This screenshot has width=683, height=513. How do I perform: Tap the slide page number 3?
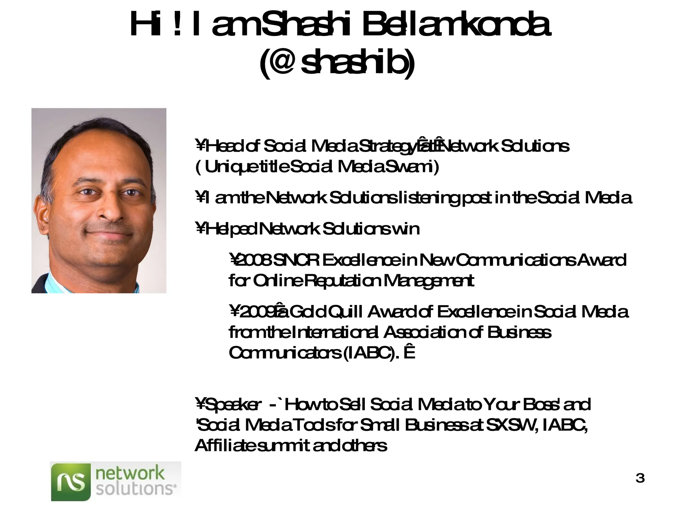[640, 478]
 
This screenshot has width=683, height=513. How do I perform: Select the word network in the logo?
[130, 473]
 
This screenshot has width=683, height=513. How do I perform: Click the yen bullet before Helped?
[200, 229]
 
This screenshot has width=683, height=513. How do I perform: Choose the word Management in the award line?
[429, 281]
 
